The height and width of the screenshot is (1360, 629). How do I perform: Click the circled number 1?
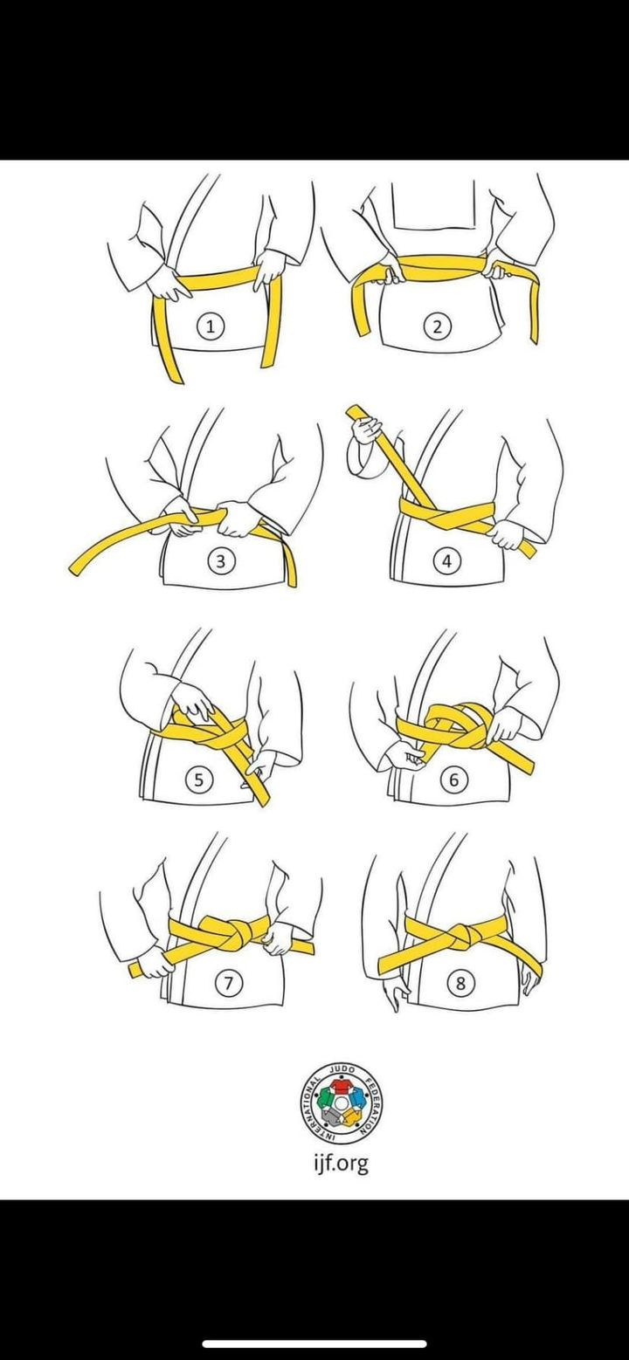211,326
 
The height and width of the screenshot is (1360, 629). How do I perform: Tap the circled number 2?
437,327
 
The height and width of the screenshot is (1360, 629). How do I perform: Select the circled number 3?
221,561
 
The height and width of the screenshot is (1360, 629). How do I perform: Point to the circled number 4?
446,561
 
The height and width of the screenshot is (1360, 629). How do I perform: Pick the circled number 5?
198,780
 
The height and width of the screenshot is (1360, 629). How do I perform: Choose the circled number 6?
453,779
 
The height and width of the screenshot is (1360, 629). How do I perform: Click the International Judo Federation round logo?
342,1102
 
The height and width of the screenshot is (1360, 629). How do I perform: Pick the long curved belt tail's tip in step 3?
73,569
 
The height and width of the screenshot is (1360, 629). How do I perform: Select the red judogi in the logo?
342,1084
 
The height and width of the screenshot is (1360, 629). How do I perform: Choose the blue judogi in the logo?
360,1098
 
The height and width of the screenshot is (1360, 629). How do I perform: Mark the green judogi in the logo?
324,1098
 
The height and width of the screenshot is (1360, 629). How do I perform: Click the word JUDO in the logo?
342,1069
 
